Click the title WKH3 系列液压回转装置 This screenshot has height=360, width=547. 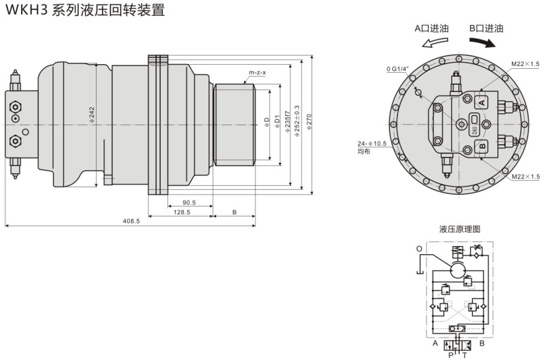point(84,11)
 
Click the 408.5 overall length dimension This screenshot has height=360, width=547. point(132,220)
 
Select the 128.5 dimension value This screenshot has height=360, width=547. point(181,212)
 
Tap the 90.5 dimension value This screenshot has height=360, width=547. point(189,202)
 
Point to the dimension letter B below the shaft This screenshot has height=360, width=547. point(235,212)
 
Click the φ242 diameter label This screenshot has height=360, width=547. point(92,114)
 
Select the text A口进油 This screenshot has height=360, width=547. point(433,28)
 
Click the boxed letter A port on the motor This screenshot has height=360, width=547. point(482,102)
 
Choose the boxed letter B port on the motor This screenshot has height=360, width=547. point(482,146)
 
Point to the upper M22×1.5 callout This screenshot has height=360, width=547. point(525,64)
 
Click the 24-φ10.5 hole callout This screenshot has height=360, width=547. point(372,143)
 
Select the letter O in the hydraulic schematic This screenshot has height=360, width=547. point(419,249)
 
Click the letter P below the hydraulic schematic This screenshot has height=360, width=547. point(451,354)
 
